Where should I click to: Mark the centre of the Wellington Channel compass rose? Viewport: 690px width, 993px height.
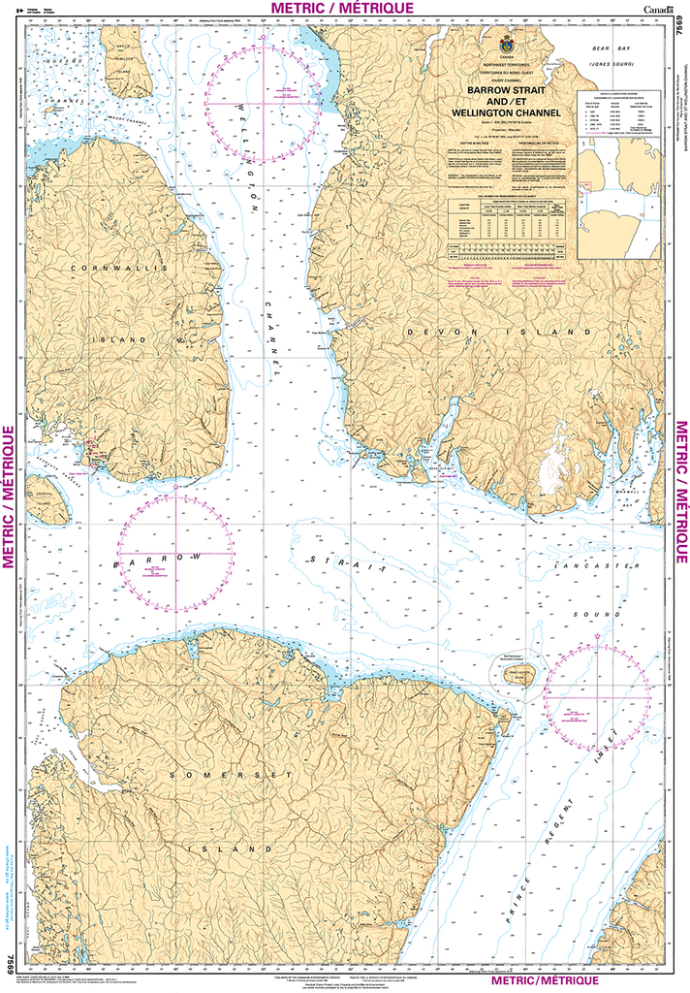[x=264, y=103]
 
